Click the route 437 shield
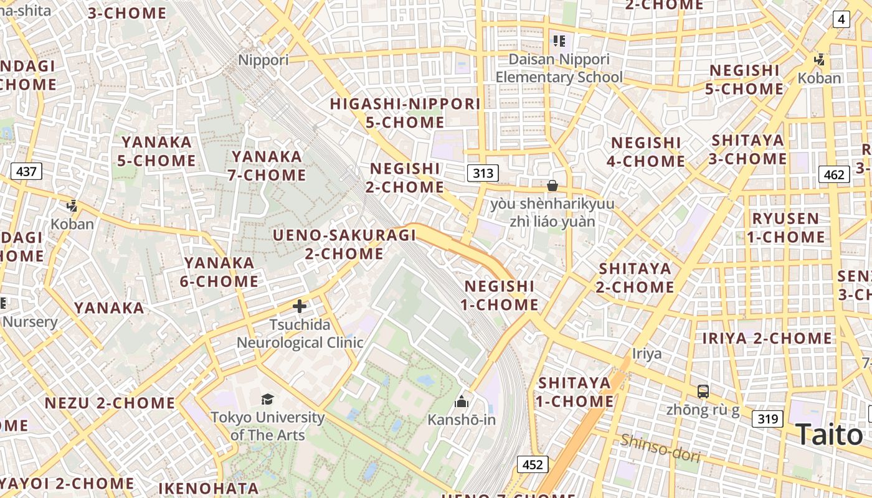[x=26, y=171]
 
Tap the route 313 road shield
[x=483, y=173]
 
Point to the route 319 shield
[x=767, y=419]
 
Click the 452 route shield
[x=532, y=464]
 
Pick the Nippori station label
[x=264, y=60]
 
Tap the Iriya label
[x=647, y=354]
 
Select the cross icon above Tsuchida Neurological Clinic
[x=300, y=306]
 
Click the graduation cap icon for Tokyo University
[x=267, y=399]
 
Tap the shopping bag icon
[x=552, y=186]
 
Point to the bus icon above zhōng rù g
[x=703, y=392]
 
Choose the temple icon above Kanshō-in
[x=462, y=402]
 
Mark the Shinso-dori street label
[x=660, y=448]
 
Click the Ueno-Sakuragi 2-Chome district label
[x=344, y=245]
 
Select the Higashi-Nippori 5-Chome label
[x=405, y=113]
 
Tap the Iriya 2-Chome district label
[x=767, y=339]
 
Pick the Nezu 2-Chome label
[x=110, y=403]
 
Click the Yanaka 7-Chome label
[x=267, y=166]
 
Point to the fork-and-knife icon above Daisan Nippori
[x=559, y=41]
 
